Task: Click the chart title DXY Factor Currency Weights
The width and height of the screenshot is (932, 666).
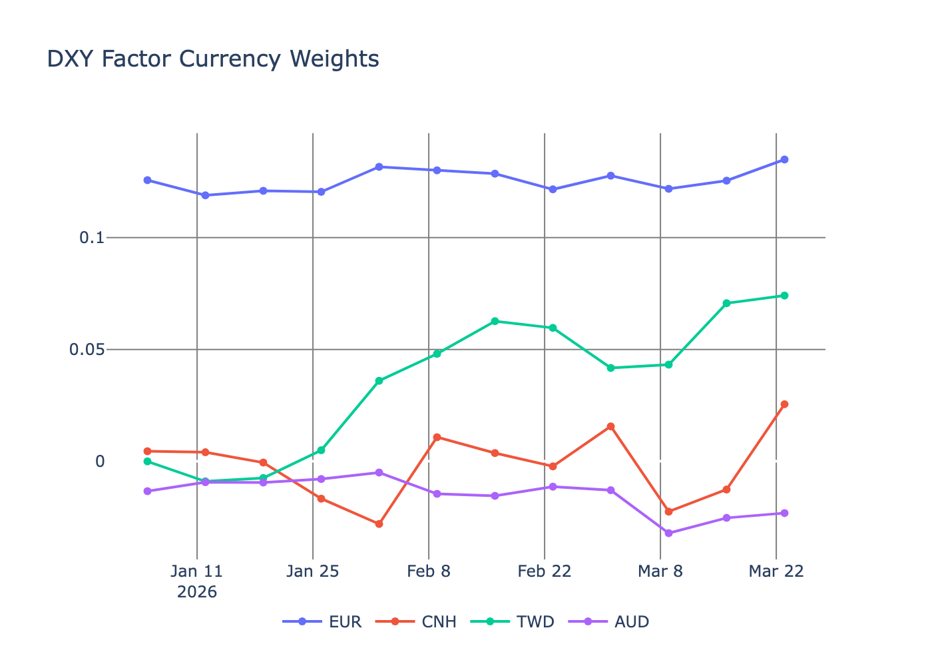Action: (213, 59)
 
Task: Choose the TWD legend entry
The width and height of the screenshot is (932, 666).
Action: (512, 621)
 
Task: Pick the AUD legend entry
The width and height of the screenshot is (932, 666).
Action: (608, 621)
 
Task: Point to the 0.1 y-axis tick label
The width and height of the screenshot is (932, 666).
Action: (92, 237)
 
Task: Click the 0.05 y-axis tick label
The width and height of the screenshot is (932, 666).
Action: (87, 349)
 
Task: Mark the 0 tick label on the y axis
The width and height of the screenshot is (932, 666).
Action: (100, 461)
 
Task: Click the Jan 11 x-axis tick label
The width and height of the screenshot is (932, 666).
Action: (196, 571)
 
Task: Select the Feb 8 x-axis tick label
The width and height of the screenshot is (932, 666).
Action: (429, 571)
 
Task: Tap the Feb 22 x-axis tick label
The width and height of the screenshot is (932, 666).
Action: (545, 571)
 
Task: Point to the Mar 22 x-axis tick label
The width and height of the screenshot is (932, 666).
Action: (776, 571)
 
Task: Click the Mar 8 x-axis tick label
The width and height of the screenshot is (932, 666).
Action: (660, 571)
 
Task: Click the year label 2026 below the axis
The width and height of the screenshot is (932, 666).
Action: (197, 591)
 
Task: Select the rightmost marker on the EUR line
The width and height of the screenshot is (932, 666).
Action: (784, 160)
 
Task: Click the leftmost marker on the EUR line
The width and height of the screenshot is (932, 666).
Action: (148, 180)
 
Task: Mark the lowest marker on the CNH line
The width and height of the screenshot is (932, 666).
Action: (379, 524)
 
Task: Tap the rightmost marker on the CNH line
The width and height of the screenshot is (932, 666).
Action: (784, 404)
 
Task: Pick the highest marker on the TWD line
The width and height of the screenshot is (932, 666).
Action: (784, 295)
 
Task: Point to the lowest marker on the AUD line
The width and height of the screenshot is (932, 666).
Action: (668, 533)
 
